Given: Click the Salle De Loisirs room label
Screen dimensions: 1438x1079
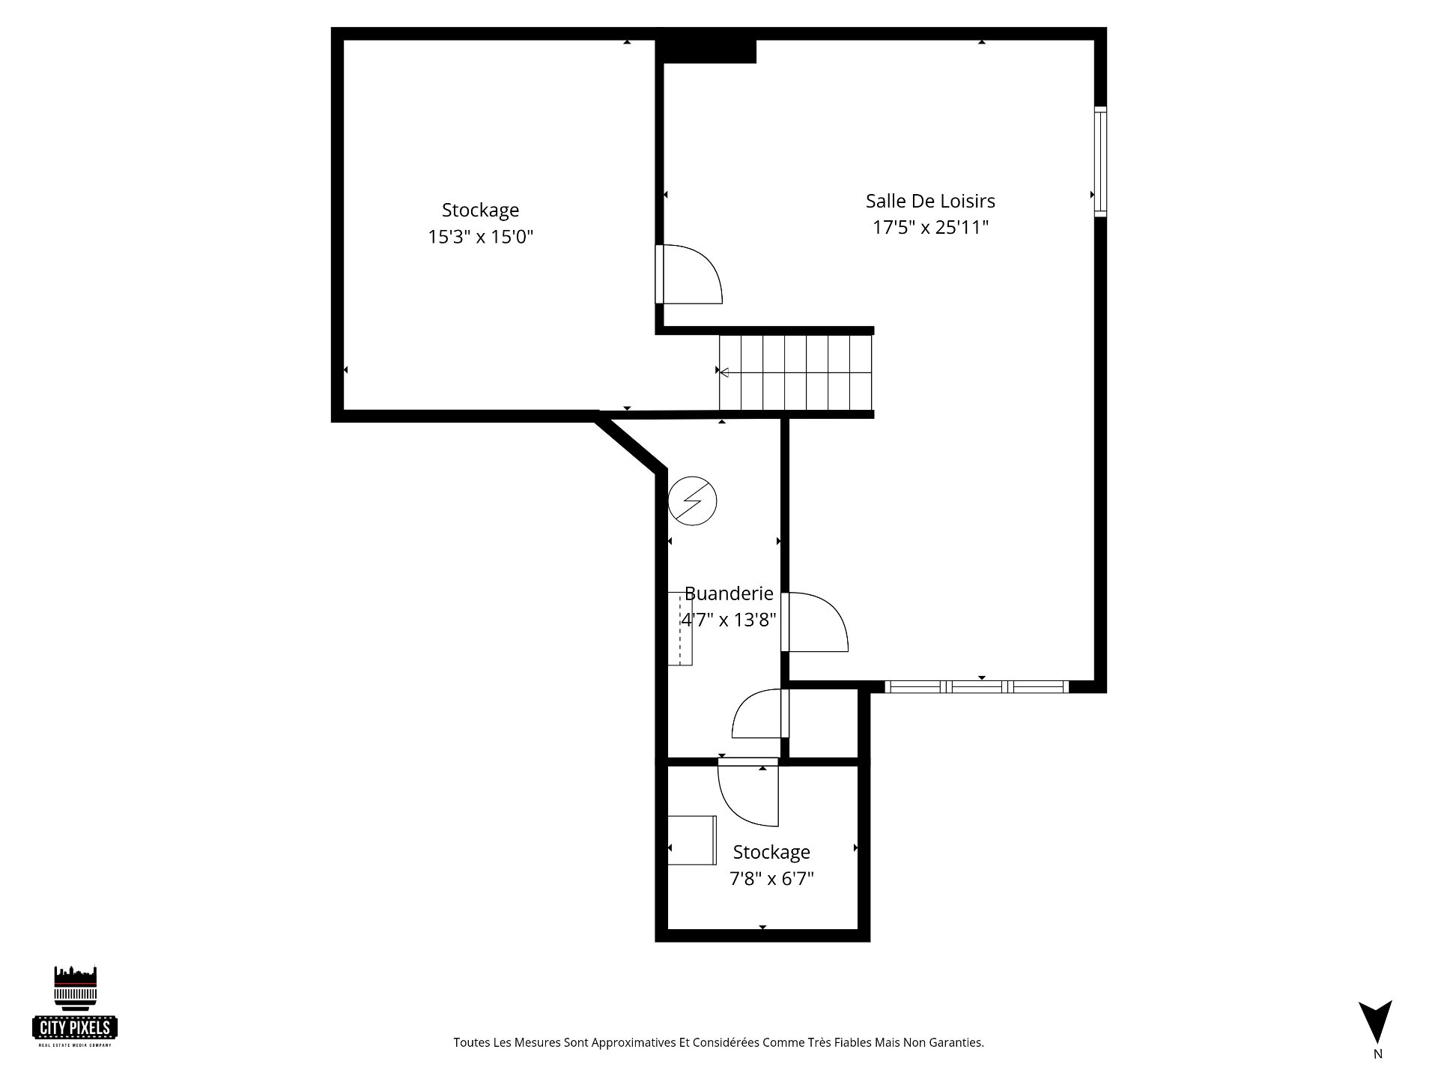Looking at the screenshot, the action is click(x=930, y=201).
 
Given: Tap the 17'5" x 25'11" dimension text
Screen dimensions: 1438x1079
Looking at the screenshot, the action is click(x=930, y=227).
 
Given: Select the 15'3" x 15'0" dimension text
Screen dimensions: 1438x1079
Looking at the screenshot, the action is click(x=480, y=237).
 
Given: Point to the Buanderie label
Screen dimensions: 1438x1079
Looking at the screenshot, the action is click(x=729, y=593).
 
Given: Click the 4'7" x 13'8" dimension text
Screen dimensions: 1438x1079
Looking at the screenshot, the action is click(x=728, y=620).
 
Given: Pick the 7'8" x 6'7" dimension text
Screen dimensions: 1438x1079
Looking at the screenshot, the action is click(x=771, y=878).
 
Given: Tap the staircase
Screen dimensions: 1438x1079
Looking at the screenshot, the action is click(x=796, y=372).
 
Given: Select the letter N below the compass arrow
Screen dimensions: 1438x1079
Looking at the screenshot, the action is click(x=1377, y=1054).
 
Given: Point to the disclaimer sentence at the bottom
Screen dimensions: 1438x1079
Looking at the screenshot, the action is click(x=718, y=1042).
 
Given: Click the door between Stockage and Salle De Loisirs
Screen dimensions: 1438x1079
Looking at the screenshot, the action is click(x=688, y=274).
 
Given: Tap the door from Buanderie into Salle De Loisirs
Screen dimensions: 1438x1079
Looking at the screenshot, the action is click(x=814, y=622).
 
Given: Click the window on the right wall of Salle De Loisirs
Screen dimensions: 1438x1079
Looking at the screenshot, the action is click(x=1100, y=162).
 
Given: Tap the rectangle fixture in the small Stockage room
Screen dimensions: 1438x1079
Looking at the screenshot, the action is click(x=692, y=840).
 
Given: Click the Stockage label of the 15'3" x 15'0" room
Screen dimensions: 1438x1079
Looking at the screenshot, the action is click(x=480, y=210).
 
